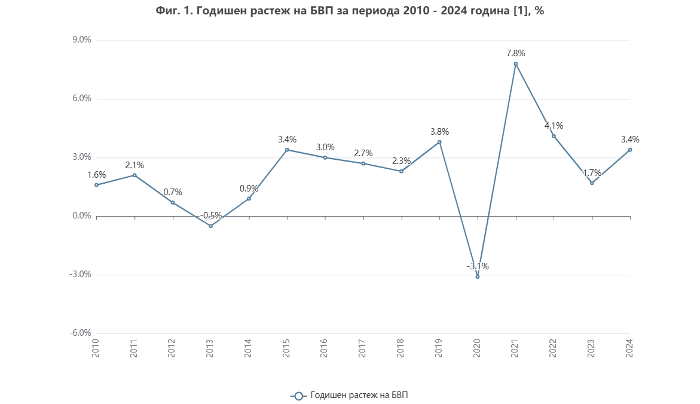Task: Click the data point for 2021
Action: click(x=515, y=64)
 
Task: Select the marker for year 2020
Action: click(x=477, y=277)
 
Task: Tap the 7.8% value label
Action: click(x=515, y=53)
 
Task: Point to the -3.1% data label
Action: click(x=478, y=266)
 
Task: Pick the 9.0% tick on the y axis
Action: click(x=81, y=41)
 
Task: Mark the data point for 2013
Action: click(x=210, y=226)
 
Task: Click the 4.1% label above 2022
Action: click(x=554, y=126)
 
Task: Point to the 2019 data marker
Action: click(x=439, y=142)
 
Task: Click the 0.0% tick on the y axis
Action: click(x=81, y=216)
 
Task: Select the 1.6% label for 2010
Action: click(x=97, y=175)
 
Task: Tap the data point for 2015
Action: click(x=287, y=150)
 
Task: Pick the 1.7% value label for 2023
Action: click(x=592, y=173)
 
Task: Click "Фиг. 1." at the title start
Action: click(x=173, y=11)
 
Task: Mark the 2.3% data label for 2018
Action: click(x=401, y=161)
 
